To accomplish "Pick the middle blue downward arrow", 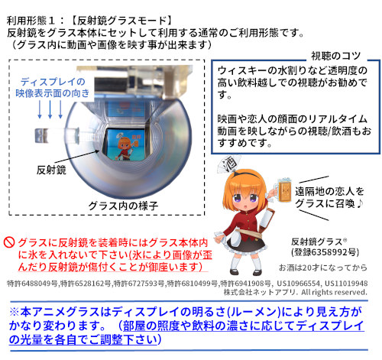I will (49, 112).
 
